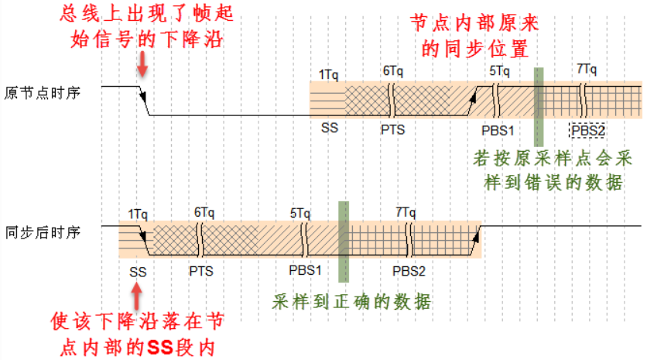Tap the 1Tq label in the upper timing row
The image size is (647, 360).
(328, 74)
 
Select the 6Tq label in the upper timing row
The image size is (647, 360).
(392, 71)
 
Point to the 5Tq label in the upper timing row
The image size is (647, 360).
(499, 72)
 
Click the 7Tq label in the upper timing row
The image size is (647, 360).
(587, 71)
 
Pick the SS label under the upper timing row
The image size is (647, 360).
(329, 129)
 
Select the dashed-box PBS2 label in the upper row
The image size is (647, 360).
(587, 129)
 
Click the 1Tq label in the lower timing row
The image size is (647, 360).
(138, 213)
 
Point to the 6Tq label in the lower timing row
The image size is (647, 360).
(204, 212)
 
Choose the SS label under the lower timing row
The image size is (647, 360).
(138, 271)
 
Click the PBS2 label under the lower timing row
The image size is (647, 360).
(409, 271)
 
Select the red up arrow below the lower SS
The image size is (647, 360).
(138, 296)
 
